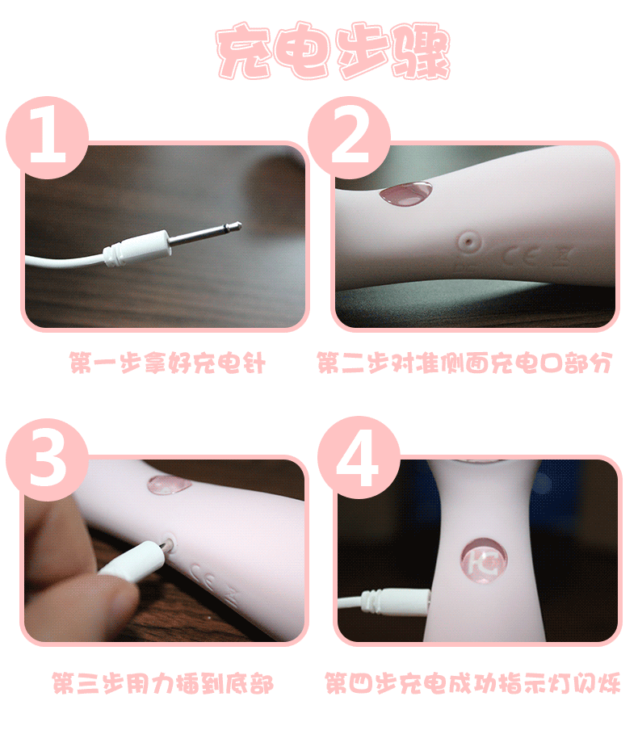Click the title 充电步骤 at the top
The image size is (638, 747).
[x=333, y=50]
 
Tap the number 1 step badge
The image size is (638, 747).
[x=47, y=137]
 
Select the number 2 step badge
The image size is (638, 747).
[x=349, y=137]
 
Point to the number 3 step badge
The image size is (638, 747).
[x=47, y=460]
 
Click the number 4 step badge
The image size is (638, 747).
[x=359, y=459]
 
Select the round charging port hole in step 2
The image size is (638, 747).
[x=469, y=242]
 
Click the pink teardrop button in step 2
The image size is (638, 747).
[x=406, y=193]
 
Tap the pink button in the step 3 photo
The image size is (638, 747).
[x=169, y=485]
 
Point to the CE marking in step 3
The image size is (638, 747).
[x=205, y=574]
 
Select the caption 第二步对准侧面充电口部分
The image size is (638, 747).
[x=464, y=363]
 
